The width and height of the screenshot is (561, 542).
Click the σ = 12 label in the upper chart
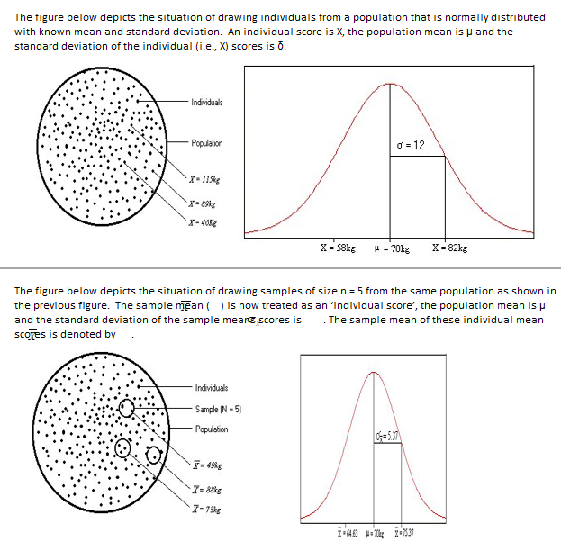click(411, 145)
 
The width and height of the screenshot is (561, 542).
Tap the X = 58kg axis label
click(339, 245)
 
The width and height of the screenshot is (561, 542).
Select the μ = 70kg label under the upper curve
click(392, 246)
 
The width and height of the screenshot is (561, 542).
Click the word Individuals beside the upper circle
click(208, 102)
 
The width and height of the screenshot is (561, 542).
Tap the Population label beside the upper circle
click(207, 143)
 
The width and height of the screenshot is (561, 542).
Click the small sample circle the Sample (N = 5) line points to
click(127, 409)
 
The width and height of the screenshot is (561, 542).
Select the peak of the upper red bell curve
click(390, 84)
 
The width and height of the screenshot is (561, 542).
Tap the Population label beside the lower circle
click(212, 429)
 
